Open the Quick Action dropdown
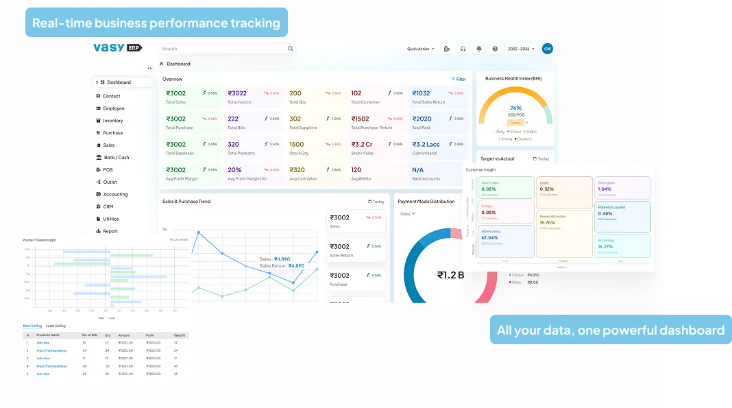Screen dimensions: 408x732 pyautogui.click(x=420, y=49)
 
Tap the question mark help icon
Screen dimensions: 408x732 pyautogui.click(x=495, y=49)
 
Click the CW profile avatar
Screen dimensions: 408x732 pyautogui.click(x=547, y=49)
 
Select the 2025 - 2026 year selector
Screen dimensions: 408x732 pyautogui.click(x=521, y=49)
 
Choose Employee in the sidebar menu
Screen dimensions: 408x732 pyautogui.click(x=114, y=108)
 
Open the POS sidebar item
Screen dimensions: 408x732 pyautogui.click(x=108, y=170)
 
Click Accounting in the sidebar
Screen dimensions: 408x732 pyautogui.click(x=115, y=195)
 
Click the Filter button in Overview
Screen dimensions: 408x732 pyautogui.click(x=459, y=80)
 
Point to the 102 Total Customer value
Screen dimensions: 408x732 pyautogui.click(x=356, y=93)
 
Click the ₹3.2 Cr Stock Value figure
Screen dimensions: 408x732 pyautogui.click(x=362, y=145)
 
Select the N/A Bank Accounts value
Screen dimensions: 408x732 pyautogui.click(x=417, y=170)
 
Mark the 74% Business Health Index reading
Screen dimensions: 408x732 pyautogui.click(x=515, y=108)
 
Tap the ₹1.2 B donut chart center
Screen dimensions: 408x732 pyautogui.click(x=450, y=275)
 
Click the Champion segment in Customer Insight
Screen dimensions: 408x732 pyautogui.click(x=622, y=187)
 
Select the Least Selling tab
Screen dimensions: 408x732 pyautogui.click(x=56, y=326)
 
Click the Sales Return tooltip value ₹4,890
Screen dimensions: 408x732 pyautogui.click(x=296, y=265)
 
